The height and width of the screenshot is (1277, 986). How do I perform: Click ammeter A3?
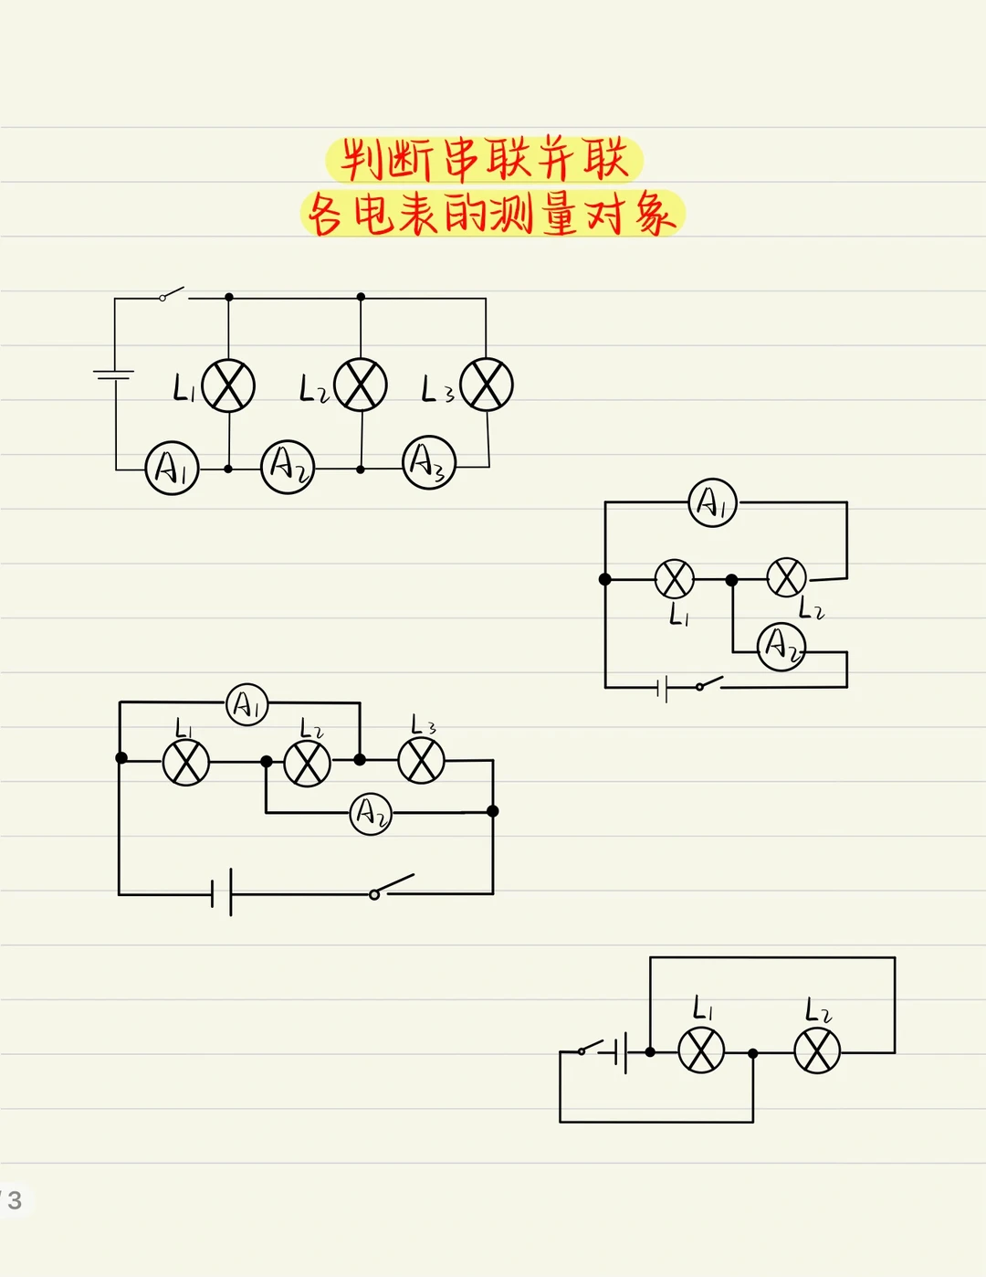[x=429, y=463]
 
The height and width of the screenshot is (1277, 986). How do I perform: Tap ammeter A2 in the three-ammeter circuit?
[x=288, y=467]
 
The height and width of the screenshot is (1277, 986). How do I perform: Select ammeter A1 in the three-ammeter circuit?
[x=172, y=469]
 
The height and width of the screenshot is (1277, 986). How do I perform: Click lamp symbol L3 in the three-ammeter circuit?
[x=487, y=385]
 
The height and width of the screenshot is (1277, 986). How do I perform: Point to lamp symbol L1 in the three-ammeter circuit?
[x=228, y=385]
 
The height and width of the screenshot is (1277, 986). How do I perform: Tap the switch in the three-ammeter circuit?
[x=172, y=294]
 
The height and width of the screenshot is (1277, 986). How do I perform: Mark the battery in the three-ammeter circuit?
[x=114, y=375]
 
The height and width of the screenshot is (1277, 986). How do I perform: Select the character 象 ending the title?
[x=655, y=216]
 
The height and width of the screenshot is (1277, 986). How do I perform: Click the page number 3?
[x=15, y=1200]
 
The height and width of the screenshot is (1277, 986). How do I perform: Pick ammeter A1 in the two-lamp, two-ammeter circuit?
[x=712, y=502]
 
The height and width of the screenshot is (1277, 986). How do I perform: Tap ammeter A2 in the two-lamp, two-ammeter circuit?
[x=781, y=647]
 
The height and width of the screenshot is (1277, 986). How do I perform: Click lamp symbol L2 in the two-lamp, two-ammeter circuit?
[x=786, y=577]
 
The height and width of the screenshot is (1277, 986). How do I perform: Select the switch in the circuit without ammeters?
[x=591, y=1047]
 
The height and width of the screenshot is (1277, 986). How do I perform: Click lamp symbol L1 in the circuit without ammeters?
[x=701, y=1050]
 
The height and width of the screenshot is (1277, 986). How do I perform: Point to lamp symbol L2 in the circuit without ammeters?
[x=817, y=1050]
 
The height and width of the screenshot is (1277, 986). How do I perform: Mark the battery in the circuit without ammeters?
[x=621, y=1052]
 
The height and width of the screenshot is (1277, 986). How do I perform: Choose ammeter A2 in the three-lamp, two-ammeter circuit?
[x=371, y=812]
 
